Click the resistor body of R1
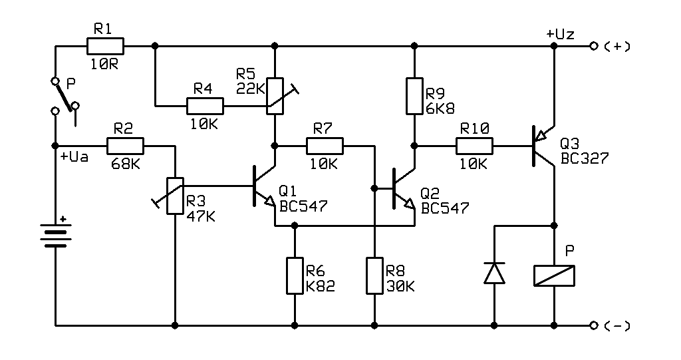coord(105,46)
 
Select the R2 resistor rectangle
coord(125,146)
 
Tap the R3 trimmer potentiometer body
coord(175,196)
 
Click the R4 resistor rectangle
coord(205,106)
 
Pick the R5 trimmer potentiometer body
coord(275,96)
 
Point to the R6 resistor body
coord(295,275)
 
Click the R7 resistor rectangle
coord(325,146)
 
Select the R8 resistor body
coord(374,275)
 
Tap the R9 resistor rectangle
coord(414,96)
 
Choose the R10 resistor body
coord(474,146)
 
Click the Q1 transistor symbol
coord(265,186)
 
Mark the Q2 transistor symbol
coord(404,189)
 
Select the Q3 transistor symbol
coord(543,146)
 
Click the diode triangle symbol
coord(494,273)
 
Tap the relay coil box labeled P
coord(554,275)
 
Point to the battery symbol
coord(56,235)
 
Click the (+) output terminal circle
coord(594,46)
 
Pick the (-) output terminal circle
coord(594,325)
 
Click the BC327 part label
coord(585,158)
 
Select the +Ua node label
coord(74,156)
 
